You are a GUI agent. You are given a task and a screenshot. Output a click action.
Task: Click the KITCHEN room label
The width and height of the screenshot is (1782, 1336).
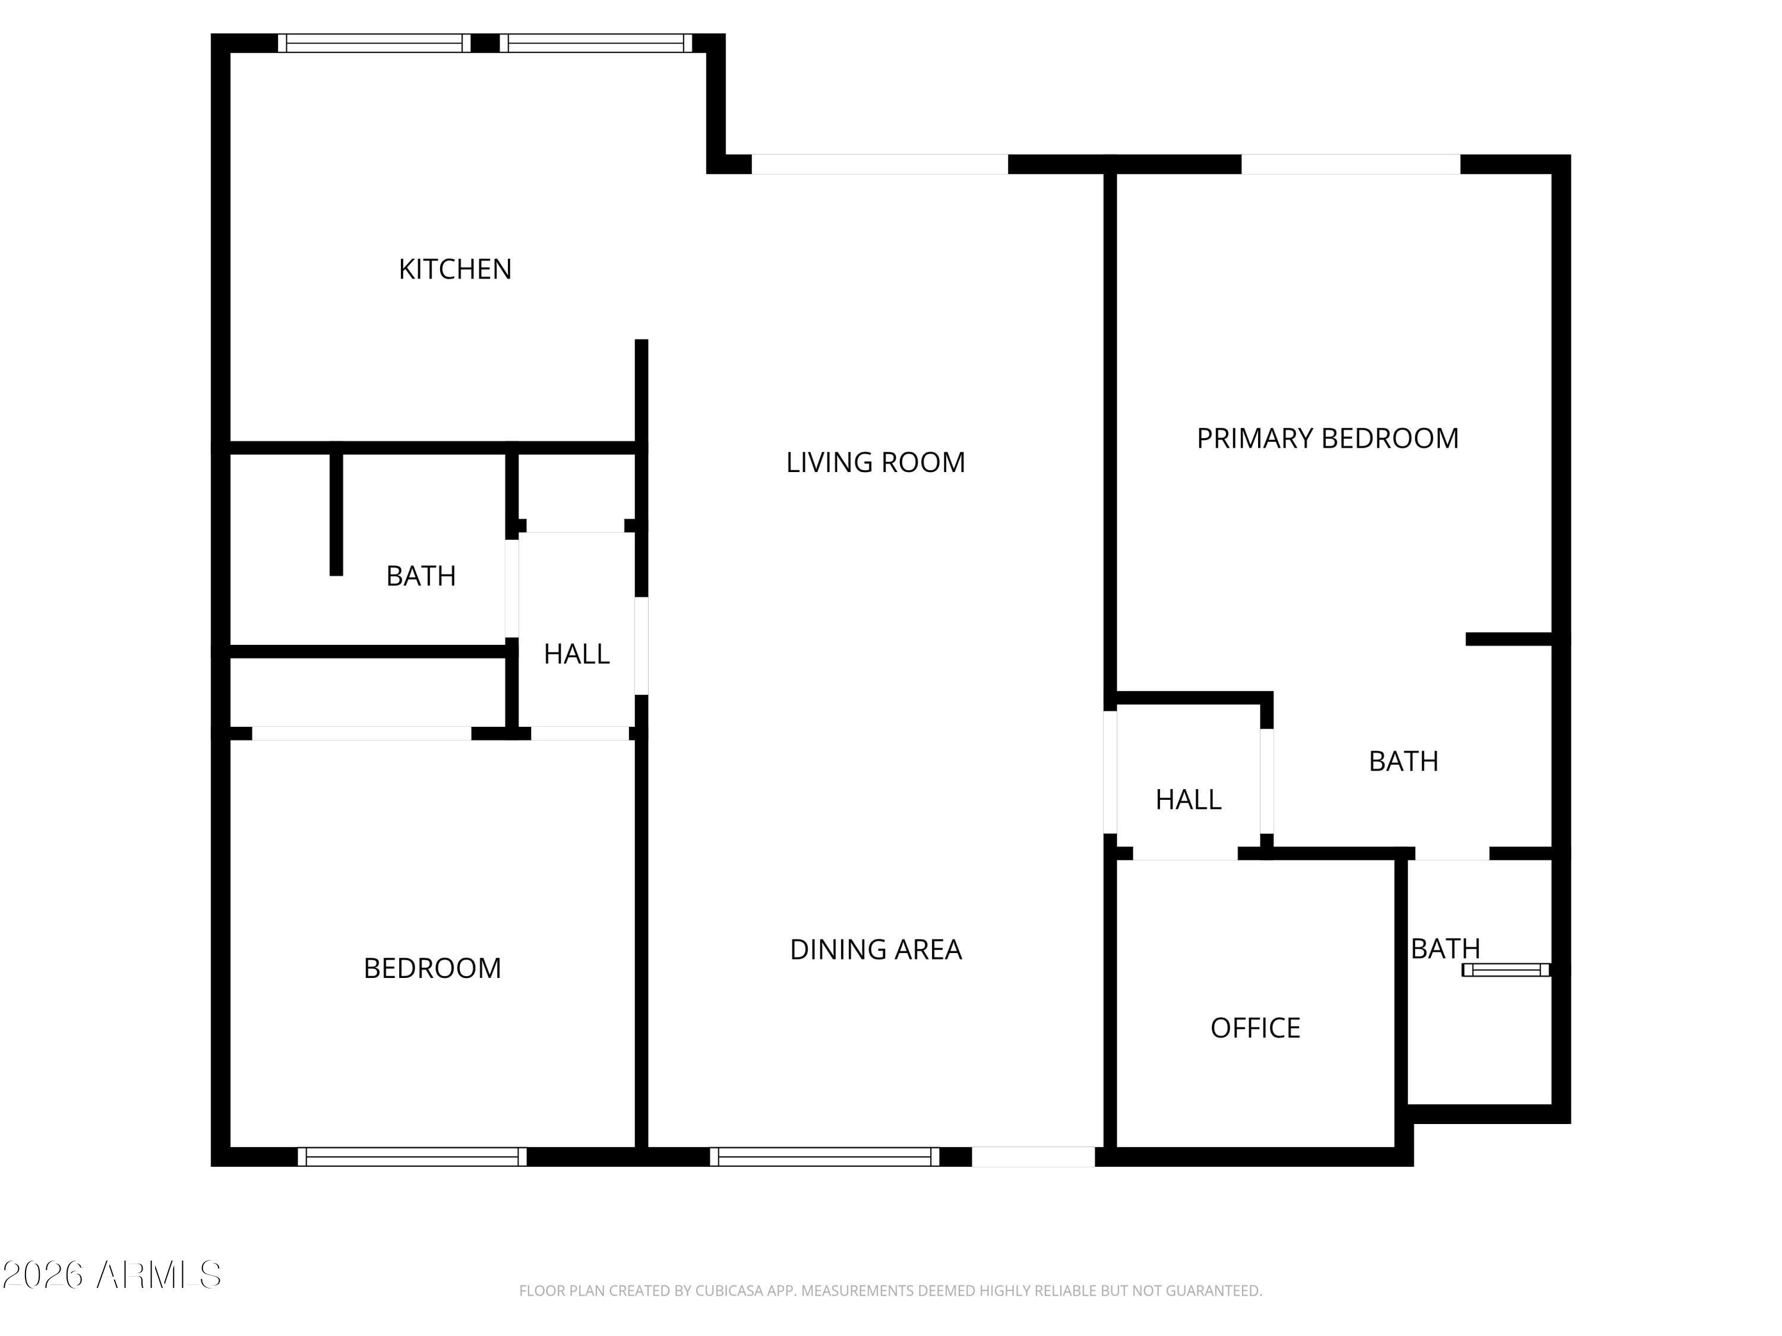click(455, 269)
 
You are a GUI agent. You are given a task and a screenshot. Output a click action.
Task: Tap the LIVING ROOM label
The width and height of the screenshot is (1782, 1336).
click(876, 462)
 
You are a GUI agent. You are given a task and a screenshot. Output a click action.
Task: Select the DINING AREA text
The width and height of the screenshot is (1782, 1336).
click(876, 949)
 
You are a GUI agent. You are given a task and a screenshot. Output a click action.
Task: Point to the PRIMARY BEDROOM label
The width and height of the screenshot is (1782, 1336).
click(1328, 438)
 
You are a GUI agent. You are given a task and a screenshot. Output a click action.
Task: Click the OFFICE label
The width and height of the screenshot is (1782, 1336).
click(1255, 1028)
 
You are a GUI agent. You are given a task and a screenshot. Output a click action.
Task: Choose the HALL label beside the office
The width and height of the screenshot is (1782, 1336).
click(1188, 800)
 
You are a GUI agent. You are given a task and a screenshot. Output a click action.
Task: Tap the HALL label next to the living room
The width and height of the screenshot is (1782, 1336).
click(576, 654)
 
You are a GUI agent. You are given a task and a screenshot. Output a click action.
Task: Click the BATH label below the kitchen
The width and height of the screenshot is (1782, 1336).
click(421, 576)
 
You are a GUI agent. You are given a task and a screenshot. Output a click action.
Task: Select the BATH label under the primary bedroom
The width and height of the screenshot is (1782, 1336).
click(1404, 761)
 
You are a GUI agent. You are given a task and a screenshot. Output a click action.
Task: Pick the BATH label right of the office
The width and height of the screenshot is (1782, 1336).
click(1445, 949)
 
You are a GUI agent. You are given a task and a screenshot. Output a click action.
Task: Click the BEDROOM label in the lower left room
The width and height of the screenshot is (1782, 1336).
click(432, 968)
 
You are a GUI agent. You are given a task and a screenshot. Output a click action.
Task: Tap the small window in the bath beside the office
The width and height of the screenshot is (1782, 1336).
click(1506, 970)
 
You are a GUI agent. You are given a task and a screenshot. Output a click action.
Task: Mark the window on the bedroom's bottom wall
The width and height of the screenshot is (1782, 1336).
click(412, 1157)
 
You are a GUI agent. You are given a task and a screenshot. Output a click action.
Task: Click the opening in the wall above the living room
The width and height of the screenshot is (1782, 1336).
click(880, 164)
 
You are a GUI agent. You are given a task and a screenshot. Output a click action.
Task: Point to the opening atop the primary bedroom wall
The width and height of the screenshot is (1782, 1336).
click(1350, 164)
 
